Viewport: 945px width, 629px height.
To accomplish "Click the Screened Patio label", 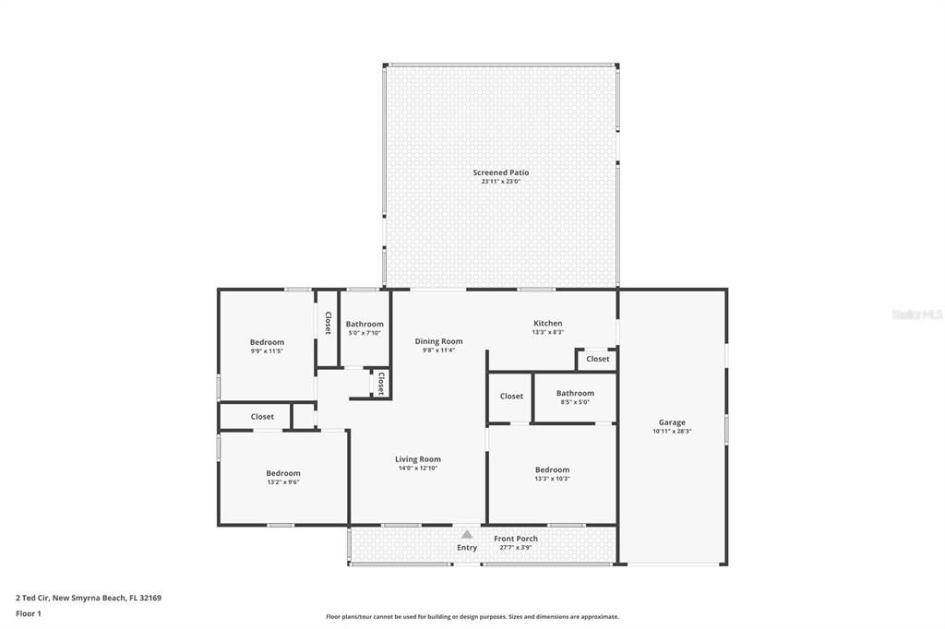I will (501, 172).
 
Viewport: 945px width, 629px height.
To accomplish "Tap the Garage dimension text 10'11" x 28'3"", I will (672, 431).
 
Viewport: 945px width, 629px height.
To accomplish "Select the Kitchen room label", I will (547, 324).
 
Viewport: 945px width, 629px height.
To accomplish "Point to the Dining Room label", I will (438, 341).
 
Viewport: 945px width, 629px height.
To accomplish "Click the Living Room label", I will (418, 459).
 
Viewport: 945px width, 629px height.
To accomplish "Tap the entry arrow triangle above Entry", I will (467, 534).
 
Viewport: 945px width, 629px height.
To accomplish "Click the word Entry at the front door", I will (467, 548).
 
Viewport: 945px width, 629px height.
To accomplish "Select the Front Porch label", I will (516, 539).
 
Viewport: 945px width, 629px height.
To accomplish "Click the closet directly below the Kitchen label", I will (597, 359).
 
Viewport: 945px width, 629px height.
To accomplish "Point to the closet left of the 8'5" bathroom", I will (511, 397).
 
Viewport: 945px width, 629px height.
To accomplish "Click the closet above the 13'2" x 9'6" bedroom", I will (262, 417).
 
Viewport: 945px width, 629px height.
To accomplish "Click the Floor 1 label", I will (29, 613).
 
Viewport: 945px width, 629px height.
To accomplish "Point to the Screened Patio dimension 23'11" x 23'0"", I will (501, 182).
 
